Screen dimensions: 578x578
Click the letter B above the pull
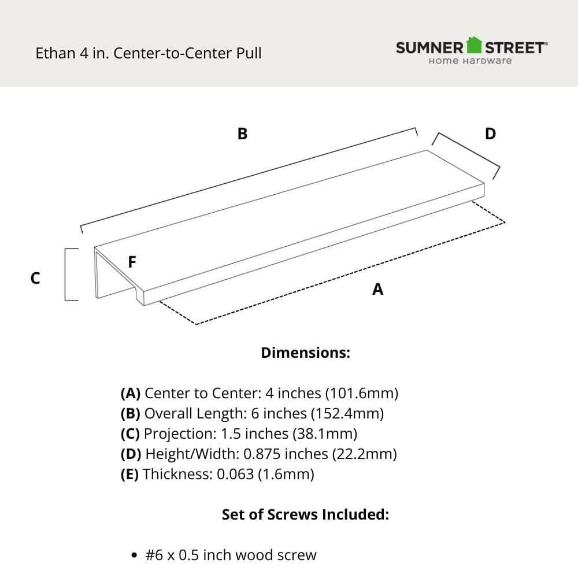[x=243, y=134]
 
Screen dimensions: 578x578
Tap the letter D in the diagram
[x=490, y=134]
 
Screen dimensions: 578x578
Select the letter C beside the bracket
[x=35, y=279]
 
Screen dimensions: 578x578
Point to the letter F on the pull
[x=132, y=262]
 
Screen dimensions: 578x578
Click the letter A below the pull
[x=377, y=290]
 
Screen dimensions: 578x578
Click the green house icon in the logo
[x=474, y=45]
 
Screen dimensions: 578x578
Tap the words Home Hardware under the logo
[x=470, y=61]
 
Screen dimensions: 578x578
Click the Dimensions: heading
[x=306, y=353]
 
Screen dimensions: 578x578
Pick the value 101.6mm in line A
[x=361, y=394]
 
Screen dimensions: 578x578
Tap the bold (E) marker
[x=129, y=475]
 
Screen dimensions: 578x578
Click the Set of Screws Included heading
[x=305, y=514]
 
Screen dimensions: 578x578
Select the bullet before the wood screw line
[x=134, y=556]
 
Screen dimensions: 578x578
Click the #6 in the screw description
[x=154, y=555]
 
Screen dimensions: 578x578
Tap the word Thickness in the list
[x=177, y=475]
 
